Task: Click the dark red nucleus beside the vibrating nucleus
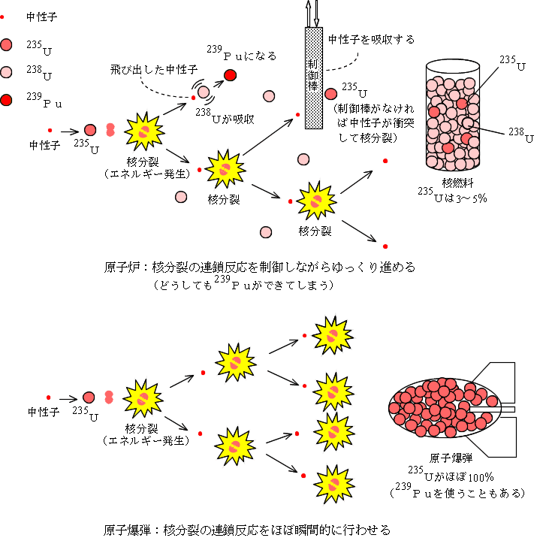tap(230, 74)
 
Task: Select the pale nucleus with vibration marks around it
tap(204, 92)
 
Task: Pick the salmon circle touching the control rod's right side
tap(330, 94)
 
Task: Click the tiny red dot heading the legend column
tap(2, 17)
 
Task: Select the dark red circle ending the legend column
tap(5, 99)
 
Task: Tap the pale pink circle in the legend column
tap(5, 72)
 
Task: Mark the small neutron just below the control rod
tap(297, 114)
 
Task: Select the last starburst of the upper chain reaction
tap(316, 200)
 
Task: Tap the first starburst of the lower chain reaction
tap(142, 397)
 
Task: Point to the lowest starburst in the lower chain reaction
tap(333, 485)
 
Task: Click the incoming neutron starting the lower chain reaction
tap(49, 397)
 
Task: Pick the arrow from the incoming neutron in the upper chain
tap(70, 131)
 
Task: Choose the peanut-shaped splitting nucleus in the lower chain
tap(109, 396)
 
